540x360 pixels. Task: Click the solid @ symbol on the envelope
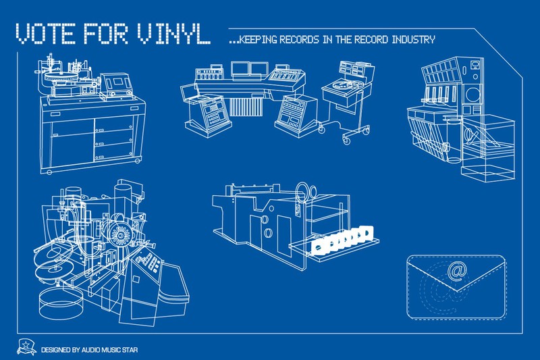coord(456,270)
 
